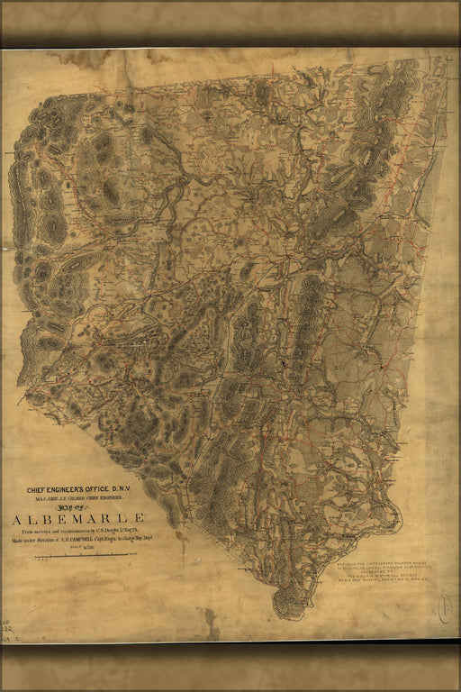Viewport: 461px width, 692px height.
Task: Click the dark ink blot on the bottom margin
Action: (x=212, y=621)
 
